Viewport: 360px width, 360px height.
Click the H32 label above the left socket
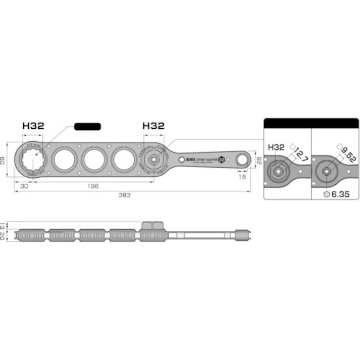[33, 126]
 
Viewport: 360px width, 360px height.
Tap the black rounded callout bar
[87, 126]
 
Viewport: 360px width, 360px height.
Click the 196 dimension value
[92, 185]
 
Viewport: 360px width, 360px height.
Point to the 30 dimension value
[24, 185]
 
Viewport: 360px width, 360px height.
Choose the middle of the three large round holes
[94, 160]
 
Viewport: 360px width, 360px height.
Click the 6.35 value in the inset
[342, 194]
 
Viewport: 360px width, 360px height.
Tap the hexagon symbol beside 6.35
[328, 194]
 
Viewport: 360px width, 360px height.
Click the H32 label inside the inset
[276, 147]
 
